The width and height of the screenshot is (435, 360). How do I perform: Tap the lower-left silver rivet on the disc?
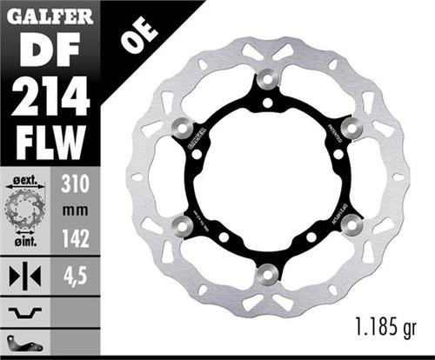point(183,227)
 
